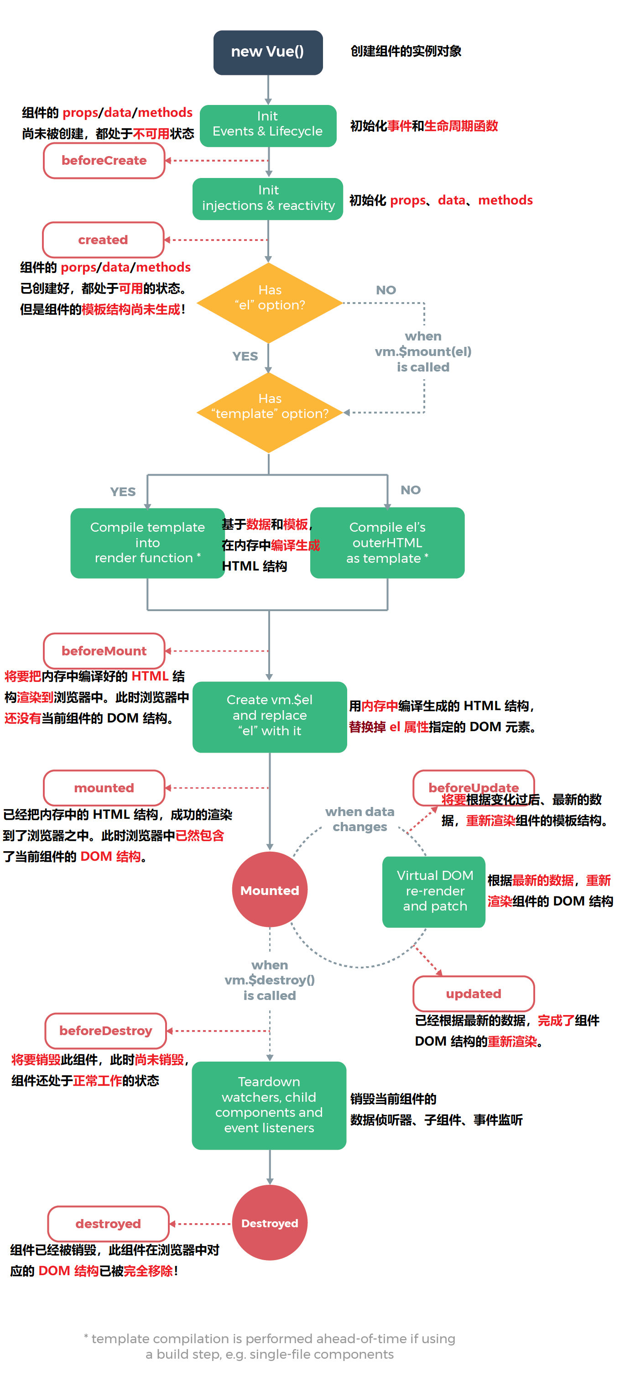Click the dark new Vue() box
267,52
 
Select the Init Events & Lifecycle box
267,125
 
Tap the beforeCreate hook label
104,161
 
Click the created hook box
103,240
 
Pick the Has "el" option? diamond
269,302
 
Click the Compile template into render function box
147,543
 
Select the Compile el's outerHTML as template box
387,543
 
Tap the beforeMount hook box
104,650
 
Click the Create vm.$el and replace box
269,716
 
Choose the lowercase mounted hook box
104,788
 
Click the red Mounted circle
269,890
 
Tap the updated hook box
473,994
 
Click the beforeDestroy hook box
105,1031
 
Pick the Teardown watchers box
269,1104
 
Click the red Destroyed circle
269,1223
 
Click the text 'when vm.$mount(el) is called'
423,351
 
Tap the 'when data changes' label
359,819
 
